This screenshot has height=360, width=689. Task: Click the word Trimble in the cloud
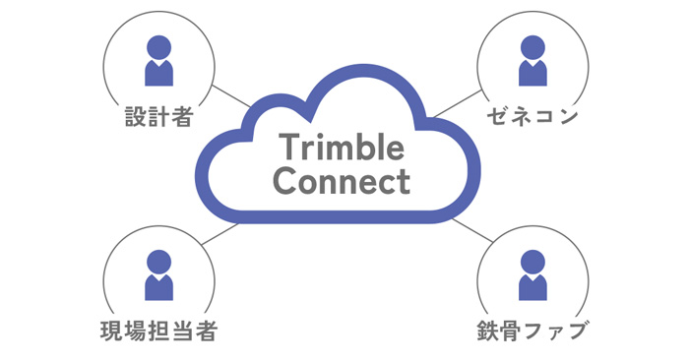tap(342, 149)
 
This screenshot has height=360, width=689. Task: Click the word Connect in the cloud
tap(341, 182)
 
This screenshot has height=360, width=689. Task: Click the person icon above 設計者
tap(158, 61)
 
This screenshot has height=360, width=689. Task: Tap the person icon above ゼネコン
tap(532, 61)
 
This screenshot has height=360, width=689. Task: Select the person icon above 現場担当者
tap(158, 274)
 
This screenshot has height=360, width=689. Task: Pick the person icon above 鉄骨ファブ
tap(532, 274)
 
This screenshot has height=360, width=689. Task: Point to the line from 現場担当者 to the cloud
tap(221, 234)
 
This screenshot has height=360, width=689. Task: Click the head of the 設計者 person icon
tap(158, 46)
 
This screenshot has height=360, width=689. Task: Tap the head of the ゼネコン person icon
tap(532, 46)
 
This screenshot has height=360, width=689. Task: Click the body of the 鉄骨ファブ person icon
tap(532, 286)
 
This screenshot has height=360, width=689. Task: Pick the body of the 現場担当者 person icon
tap(158, 286)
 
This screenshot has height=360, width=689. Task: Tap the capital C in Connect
tap(284, 182)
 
